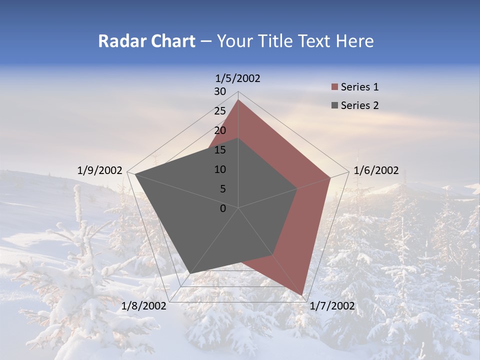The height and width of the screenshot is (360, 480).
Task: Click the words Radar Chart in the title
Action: click(x=146, y=41)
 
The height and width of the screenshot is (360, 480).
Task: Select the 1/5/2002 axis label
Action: click(x=237, y=78)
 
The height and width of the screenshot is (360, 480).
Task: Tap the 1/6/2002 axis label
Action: click(x=376, y=170)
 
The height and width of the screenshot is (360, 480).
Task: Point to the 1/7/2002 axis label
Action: click(x=332, y=306)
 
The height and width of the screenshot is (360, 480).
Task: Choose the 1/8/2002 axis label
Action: click(x=144, y=306)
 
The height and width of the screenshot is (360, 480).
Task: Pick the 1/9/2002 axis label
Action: click(x=99, y=170)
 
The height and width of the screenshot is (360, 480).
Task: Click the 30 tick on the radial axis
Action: click(x=220, y=91)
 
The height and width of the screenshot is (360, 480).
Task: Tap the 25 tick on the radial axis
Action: click(x=220, y=111)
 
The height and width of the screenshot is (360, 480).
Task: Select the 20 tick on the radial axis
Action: click(x=220, y=130)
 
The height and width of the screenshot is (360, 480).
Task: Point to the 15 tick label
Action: click(x=220, y=150)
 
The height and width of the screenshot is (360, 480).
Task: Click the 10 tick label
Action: click(x=220, y=169)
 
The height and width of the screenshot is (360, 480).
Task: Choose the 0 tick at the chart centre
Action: click(x=223, y=208)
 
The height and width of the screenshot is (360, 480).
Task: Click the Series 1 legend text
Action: click(x=359, y=87)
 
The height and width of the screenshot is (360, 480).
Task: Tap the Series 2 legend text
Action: click(x=359, y=105)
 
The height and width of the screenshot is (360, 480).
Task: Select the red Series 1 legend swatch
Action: click(x=334, y=87)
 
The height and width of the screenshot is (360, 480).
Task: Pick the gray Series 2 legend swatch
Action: click(x=334, y=105)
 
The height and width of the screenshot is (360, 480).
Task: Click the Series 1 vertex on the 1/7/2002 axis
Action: click(x=302, y=295)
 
